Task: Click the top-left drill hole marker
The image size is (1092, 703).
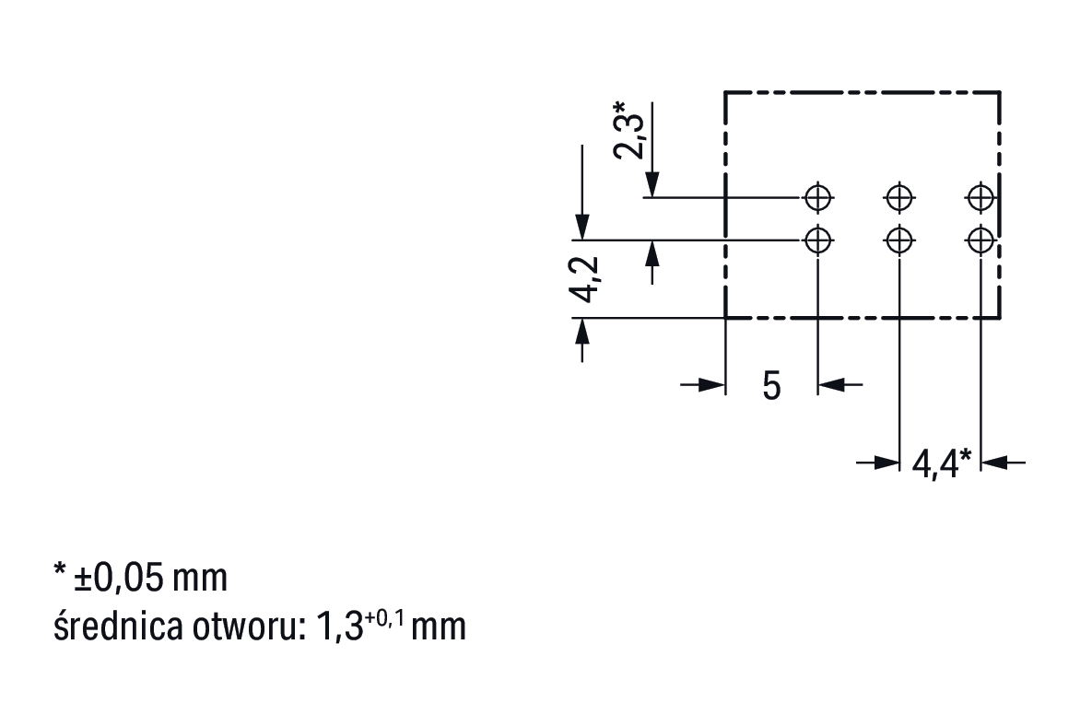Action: [x=817, y=196]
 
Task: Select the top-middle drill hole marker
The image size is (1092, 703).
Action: [x=898, y=196]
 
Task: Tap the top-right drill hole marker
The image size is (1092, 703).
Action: [x=980, y=196]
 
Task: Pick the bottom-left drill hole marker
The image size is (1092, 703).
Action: [x=817, y=240]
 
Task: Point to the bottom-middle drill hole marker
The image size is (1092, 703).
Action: [x=898, y=240]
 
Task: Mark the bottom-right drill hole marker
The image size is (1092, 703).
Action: [x=980, y=240]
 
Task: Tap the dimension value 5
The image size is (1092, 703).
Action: [x=771, y=386]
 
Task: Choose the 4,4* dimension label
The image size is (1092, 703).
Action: [x=941, y=462]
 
